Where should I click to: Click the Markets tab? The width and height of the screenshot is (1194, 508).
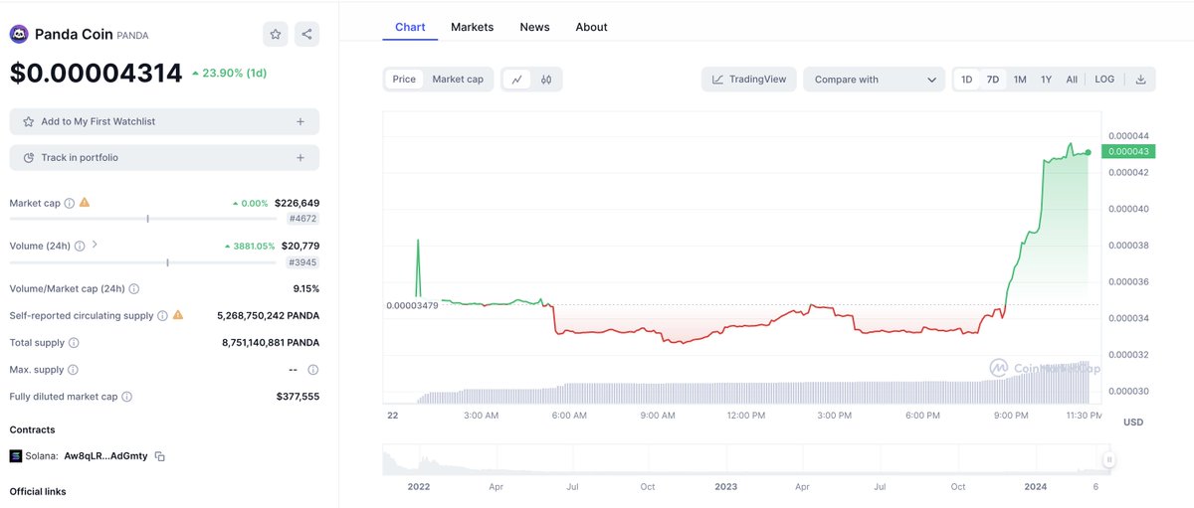tap(472, 27)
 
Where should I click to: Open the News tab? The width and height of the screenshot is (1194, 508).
tap(534, 27)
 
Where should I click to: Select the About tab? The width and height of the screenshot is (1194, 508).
tap(591, 27)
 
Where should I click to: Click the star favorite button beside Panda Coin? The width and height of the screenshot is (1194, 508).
tap(276, 34)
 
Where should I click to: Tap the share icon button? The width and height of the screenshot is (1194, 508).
tap(306, 34)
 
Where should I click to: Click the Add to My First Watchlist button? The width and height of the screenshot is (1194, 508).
tap(164, 121)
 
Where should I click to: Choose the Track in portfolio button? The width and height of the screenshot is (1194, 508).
tap(164, 157)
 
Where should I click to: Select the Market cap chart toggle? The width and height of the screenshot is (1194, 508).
tap(458, 80)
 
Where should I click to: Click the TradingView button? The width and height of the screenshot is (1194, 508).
tap(748, 80)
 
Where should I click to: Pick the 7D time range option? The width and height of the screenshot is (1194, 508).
tap(993, 80)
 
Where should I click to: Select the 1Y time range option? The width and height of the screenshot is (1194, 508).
tap(1046, 80)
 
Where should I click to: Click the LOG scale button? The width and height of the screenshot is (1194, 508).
tap(1104, 80)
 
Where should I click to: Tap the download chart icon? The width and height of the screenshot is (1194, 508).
tap(1140, 80)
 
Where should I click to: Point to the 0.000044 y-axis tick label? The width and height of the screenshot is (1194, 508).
tap(1128, 135)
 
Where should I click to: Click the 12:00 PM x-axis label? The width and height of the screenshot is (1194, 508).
tap(745, 415)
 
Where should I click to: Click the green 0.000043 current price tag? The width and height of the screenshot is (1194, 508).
tap(1128, 152)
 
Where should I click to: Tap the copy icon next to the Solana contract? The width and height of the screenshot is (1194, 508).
tap(159, 456)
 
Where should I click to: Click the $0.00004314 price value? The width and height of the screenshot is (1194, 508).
tap(96, 73)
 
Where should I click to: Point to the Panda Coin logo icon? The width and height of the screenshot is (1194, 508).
tap(19, 35)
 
